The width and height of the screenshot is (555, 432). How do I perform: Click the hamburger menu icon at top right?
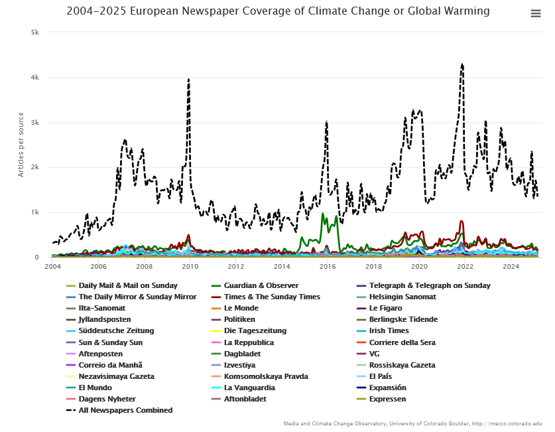point(536,14)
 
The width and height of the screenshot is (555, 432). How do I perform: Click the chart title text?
point(278,11)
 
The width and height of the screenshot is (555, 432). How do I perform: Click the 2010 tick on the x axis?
point(190,267)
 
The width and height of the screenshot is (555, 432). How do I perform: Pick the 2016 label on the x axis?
point(328,267)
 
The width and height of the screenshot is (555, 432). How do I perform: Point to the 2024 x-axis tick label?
point(511,267)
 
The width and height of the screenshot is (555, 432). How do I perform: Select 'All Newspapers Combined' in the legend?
point(125,410)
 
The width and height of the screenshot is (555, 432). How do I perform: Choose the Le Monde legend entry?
point(241,308)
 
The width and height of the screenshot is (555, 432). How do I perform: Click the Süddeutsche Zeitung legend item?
point(116,330)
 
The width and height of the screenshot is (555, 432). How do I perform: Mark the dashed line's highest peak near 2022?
point(462,64)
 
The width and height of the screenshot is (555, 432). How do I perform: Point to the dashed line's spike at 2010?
point(189,79)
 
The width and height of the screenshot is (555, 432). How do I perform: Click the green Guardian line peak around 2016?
point(322,214)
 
